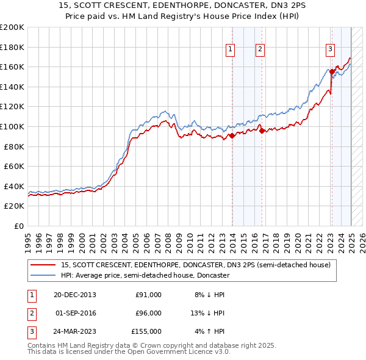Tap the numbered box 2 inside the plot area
260,50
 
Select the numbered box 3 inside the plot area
330,50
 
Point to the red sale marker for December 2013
232,135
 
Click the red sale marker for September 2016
261,130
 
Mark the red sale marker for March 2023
332,71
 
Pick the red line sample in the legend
43,265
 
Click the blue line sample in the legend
43,275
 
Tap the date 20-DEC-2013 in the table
76,295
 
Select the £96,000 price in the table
148,313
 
